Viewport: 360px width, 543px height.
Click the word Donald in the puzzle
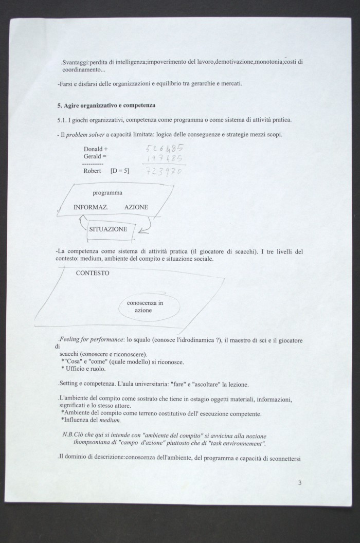coord(93,149)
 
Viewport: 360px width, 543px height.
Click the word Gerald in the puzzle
coord(93,155)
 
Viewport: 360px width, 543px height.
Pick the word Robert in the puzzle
coord(92,171)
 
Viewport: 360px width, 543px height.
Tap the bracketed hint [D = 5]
coord(120,171)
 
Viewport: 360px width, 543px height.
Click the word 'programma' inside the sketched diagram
coord(107,193)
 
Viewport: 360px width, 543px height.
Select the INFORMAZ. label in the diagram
coord(90,207)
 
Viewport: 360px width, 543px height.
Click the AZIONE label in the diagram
coord(136,207)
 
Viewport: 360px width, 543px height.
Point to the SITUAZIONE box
coord(109,230)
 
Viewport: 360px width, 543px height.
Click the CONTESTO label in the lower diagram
coord(92,273)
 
